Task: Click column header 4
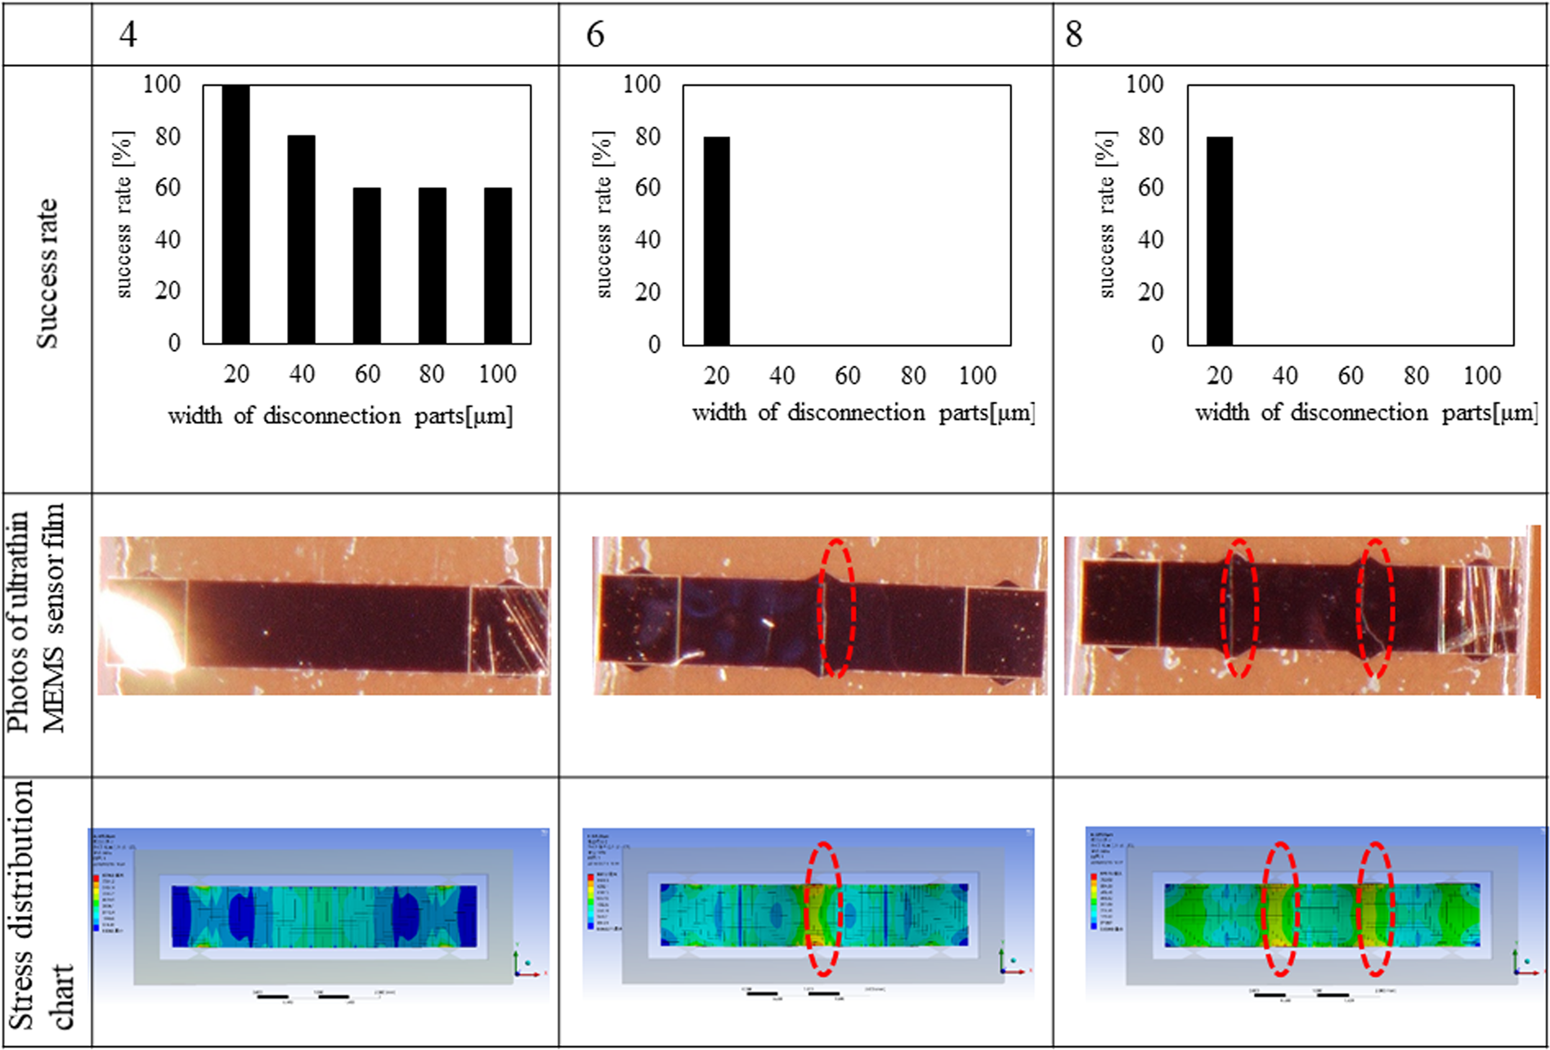pyautogui.click(x=128, y=35)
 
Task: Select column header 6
pyautogui.click(x=595, y=35)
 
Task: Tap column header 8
pyautogui.click(x=1073, y=35)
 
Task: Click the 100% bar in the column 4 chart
pyautogui.click(x=236, y=214)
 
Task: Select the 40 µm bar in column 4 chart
pyautogui.click(x=302, y=239)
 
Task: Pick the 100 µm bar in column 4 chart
pyautogui.click(x=498, y=266)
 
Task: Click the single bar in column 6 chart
pyautogui.click(x=717, y=240)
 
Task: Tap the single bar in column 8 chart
pyautogui.click(x=1220, y=240)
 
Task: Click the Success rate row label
pyautogui.click(x=47, y=274)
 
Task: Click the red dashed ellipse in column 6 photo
pyautogui.click(x=836, y=608)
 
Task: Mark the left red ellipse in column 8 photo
pyautogui.click(x=1239, y=608)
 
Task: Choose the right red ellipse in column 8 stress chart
pyautogui.click(x=1376, y=909)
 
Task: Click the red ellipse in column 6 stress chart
pyautogui.click(x=823, y=909)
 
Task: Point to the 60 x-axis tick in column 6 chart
pyautogui.click(x=847, y=376)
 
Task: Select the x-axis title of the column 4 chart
pyautogui.click(x=340, y=416)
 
